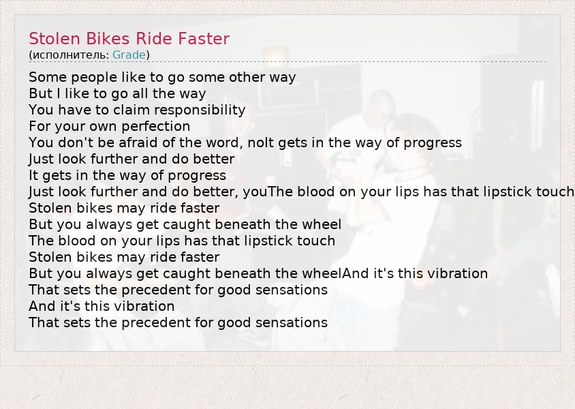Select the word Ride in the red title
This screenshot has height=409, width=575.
point(154,39)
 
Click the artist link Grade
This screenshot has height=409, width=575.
point(129,55)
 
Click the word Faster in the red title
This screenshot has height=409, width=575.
point(204,39)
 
